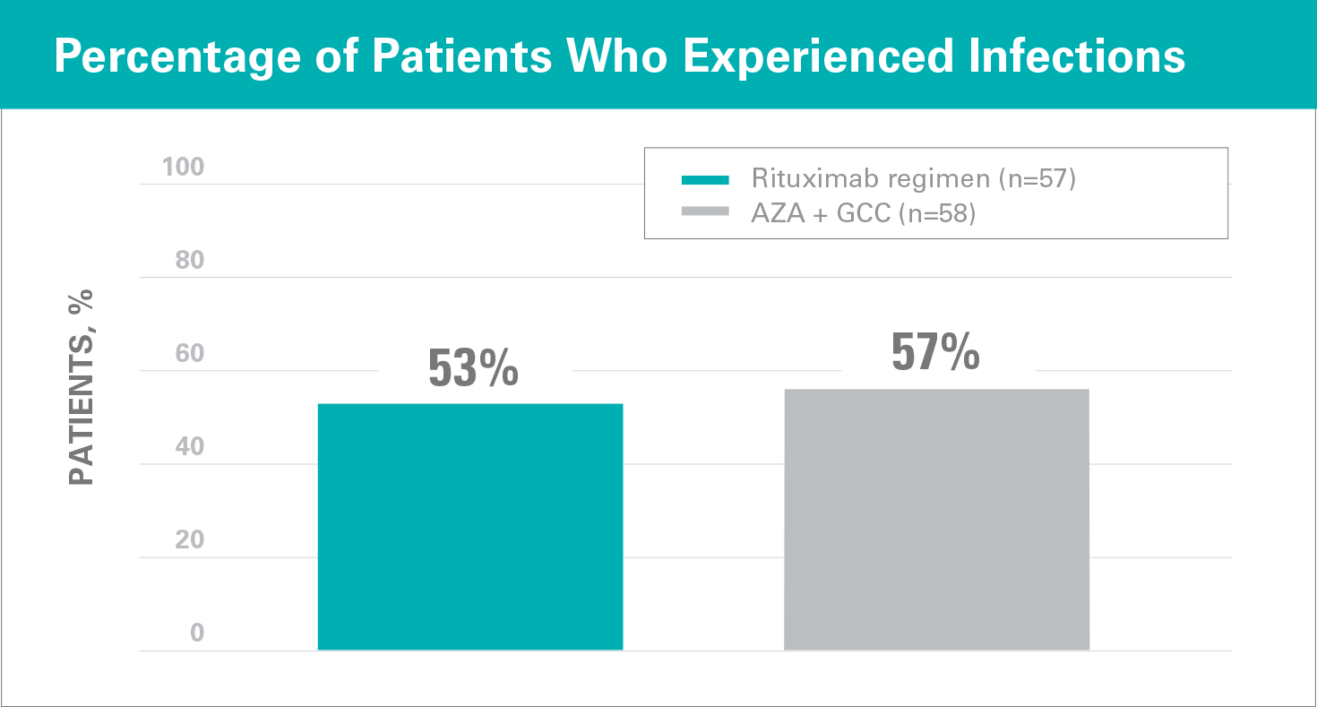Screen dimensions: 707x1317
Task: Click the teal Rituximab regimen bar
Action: click(470, 527)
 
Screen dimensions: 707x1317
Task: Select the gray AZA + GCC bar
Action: click(936, 520)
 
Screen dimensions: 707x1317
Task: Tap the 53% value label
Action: click(473, 367)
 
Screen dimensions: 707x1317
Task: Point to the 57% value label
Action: click(935, 352)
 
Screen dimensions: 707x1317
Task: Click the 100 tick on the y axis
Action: click(183, 167)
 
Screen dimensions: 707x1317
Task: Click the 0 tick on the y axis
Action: click(197, 633)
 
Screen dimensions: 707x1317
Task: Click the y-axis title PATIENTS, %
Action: click(82, 387)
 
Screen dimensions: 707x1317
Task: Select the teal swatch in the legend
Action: click(707, 179)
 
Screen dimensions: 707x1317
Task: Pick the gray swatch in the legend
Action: click(707, 212)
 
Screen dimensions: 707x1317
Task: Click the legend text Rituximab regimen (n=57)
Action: click(913, 178)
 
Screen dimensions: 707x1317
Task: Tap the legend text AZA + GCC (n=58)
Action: click(863, 213)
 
